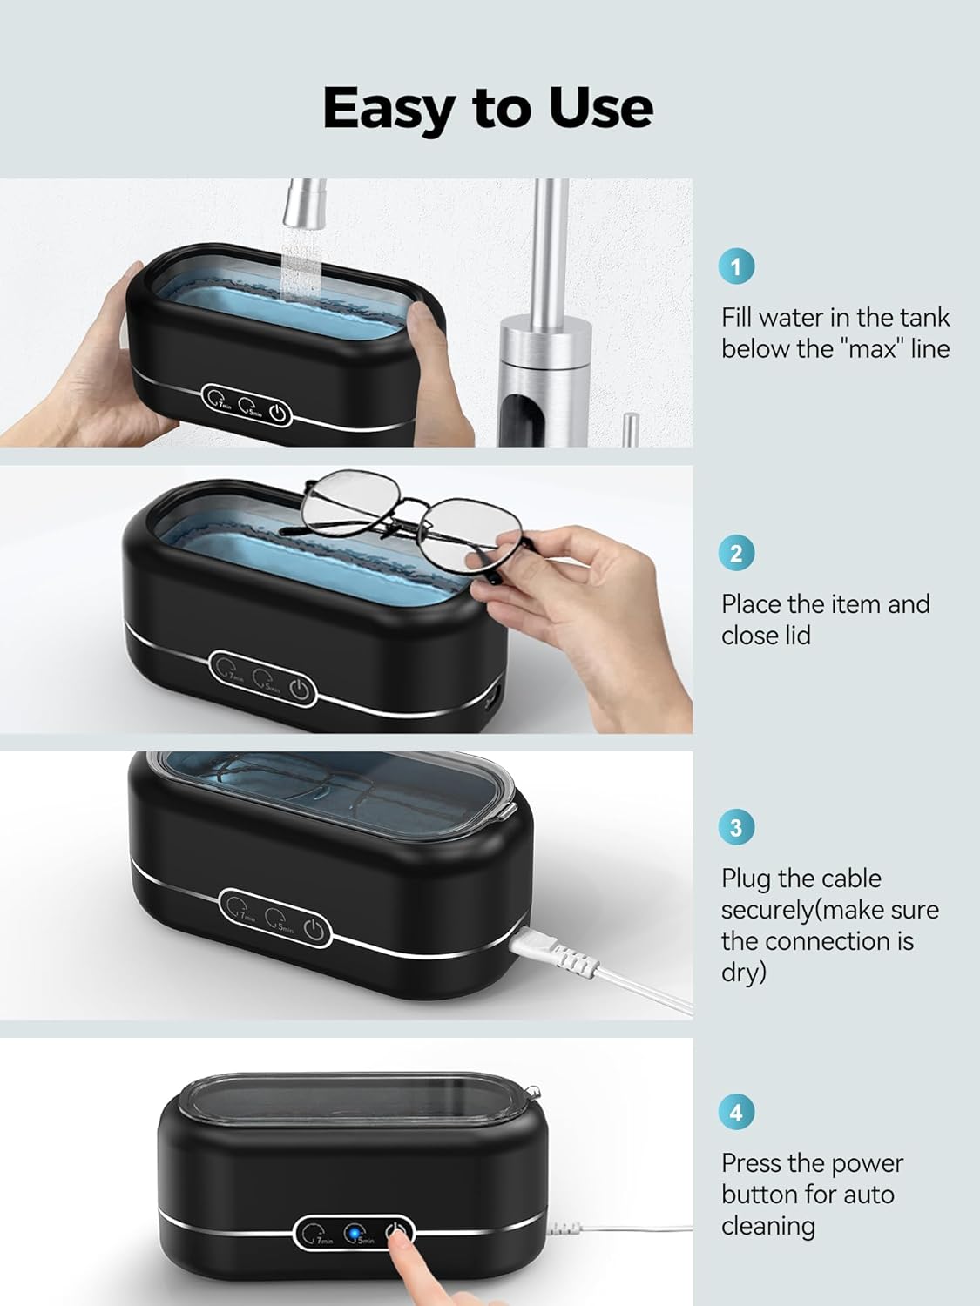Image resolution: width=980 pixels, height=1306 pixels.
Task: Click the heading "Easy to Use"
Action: (x=488, y=107)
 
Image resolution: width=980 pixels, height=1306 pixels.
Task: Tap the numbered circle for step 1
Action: (x=736, y=266)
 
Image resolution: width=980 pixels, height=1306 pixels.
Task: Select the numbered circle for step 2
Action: (x=736, y=553)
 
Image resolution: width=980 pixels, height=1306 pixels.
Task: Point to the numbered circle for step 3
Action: (x=736, y=827)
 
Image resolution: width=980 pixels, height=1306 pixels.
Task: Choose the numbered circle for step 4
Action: (x=736, y=1112)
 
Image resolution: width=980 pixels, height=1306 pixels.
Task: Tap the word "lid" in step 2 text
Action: (x=795, y=636)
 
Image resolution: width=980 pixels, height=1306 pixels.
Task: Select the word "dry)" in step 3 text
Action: (x=743, y=973)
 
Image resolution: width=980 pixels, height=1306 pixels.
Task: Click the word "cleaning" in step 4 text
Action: (x=767, y=1226)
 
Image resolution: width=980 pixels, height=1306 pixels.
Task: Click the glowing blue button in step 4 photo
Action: (x=355, y=1234)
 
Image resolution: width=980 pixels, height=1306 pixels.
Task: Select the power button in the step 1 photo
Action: (x=278, y=414)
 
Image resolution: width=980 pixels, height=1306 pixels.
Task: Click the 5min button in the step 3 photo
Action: (x=278, y=919)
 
